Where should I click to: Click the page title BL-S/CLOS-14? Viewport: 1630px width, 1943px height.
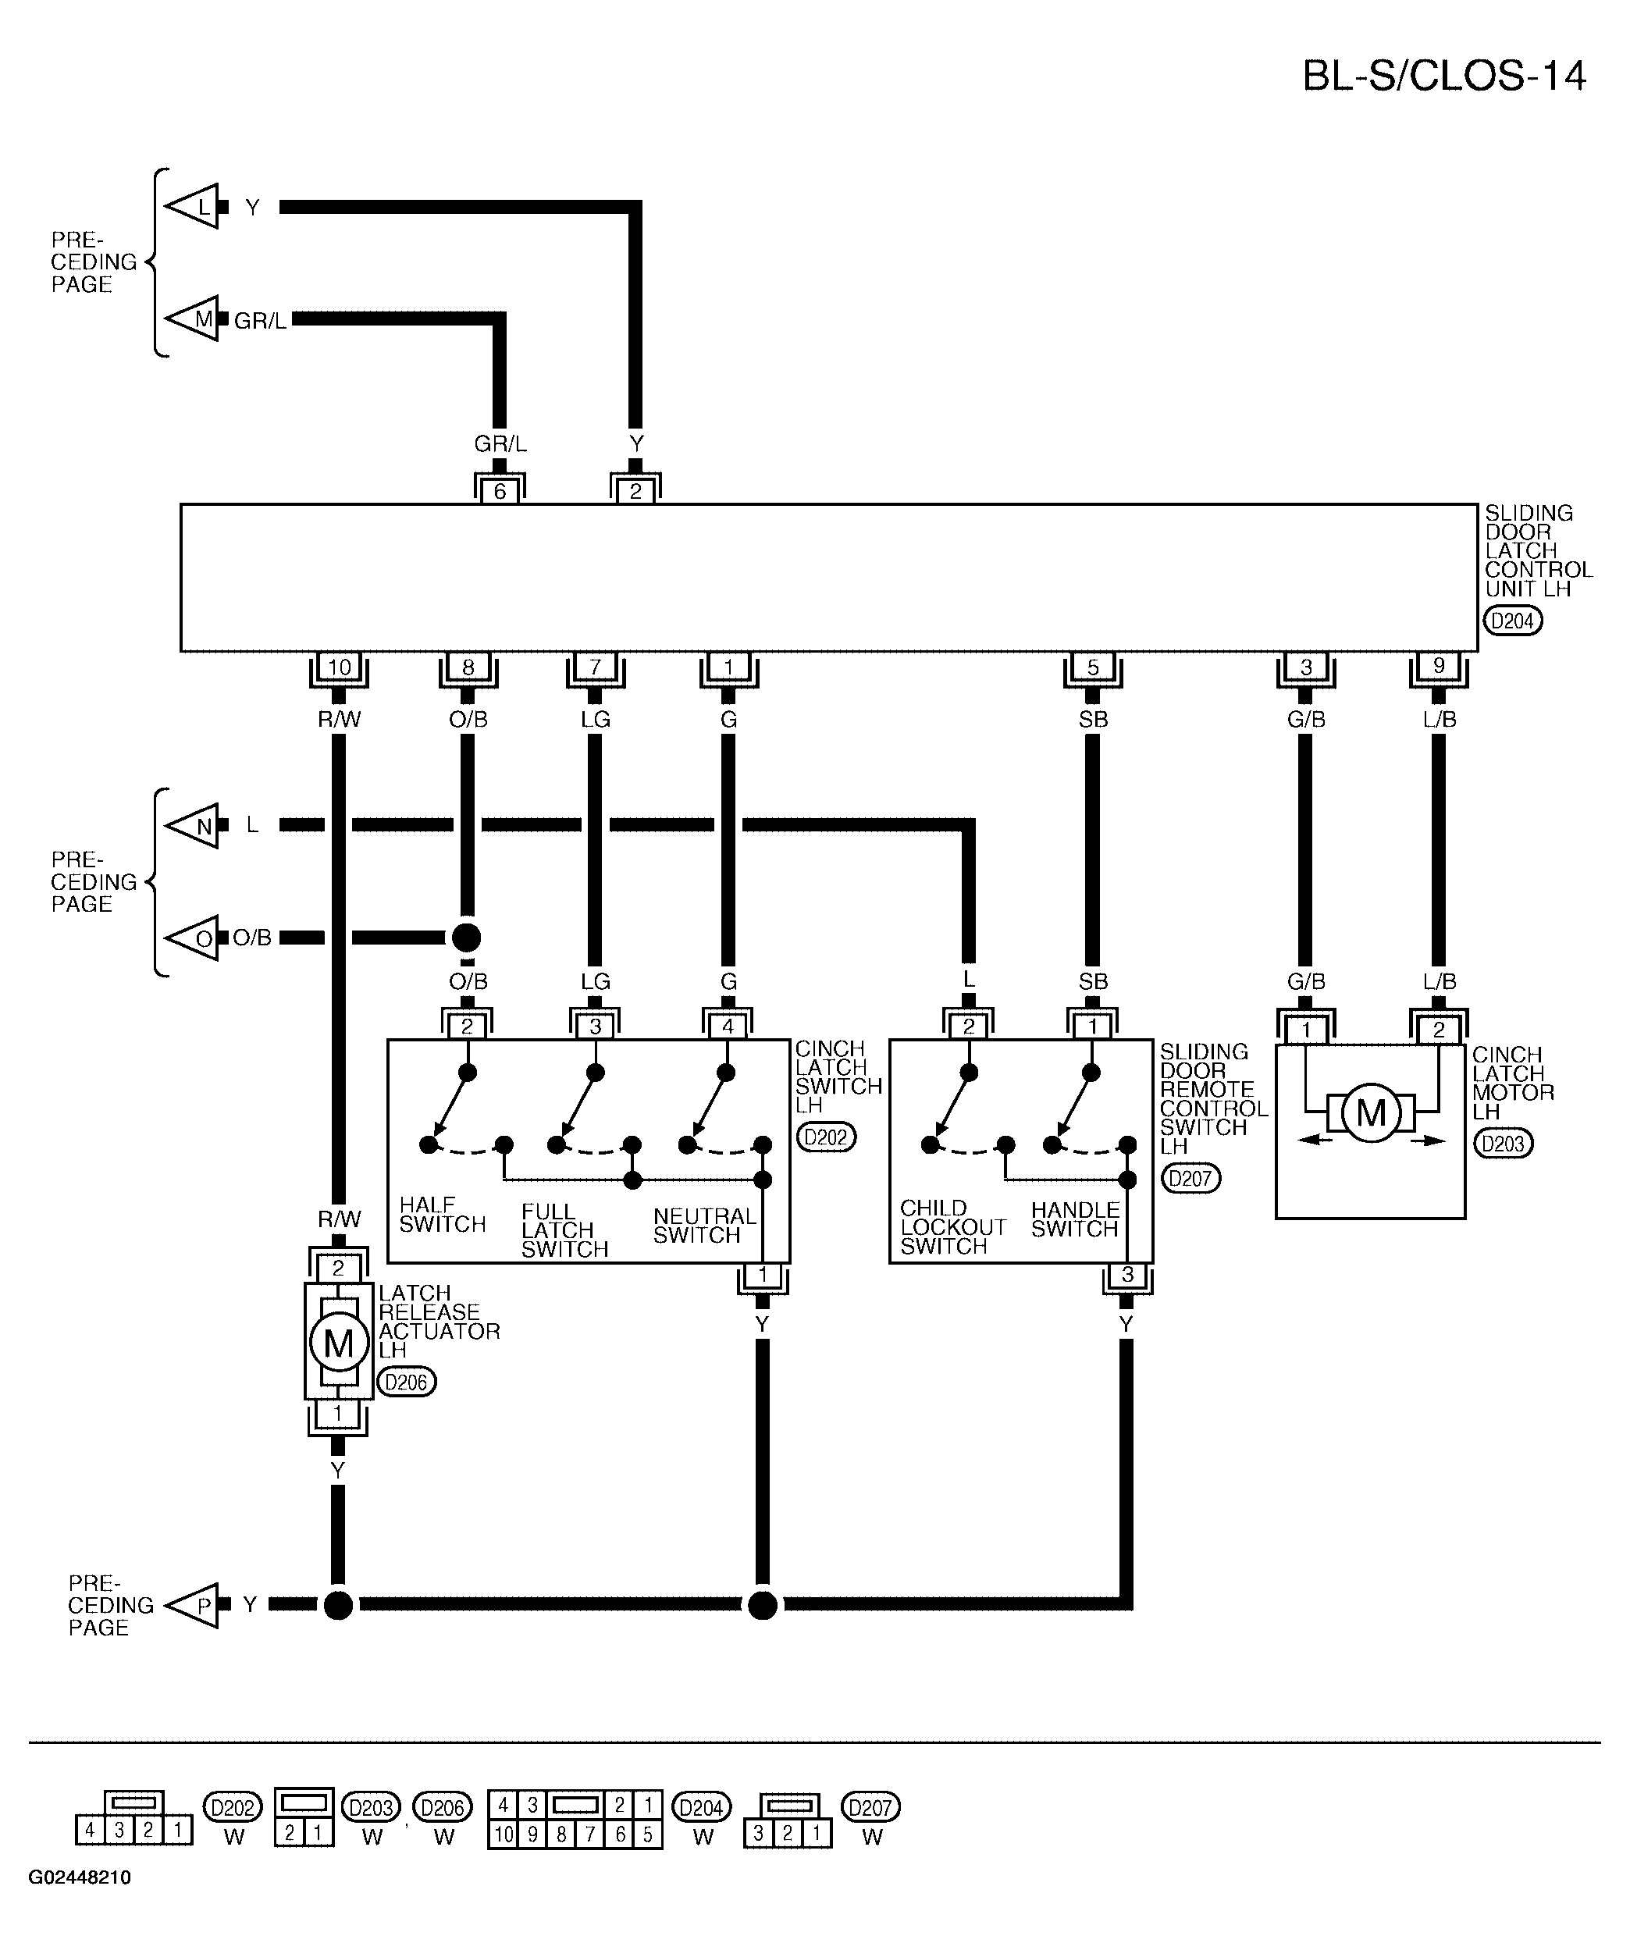pyautogui.click(x=1444, y=76)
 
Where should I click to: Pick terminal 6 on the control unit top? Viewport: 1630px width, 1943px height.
pyautogui.click(x=500, y=490)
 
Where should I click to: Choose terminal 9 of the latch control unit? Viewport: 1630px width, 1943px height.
pyautogui.click(x=1439, y=666)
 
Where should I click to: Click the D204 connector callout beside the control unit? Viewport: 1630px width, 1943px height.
pyautogui.click(x=1514, y=621)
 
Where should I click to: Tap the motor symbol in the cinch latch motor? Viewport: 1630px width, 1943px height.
pyautogui.click(x=1370, y=1113)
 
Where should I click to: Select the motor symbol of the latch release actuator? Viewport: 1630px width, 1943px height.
pyautogui.click(x=339, y=1343)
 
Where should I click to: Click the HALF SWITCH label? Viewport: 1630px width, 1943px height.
pyautogui.click(x=442, y=1215)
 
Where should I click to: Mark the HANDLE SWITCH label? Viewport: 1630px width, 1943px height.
pyautogui.click(x=1075, y=1219)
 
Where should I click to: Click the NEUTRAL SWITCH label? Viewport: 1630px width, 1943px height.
pyautogui.click(x=704, y=1226)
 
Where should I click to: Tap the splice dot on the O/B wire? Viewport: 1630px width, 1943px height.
pyautogui.click(x=467, y=938)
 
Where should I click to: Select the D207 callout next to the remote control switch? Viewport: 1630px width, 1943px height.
pyautogui.click(x=1190, y=1178)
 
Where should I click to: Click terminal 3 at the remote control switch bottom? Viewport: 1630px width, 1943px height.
pyautogui.click(x=1126, y=1276)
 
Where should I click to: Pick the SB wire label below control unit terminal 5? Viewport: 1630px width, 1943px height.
pyautogui.click(x=1093, y=719)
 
